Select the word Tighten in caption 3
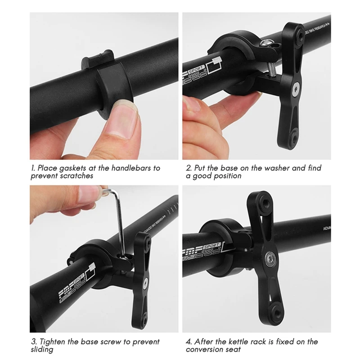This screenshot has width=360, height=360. (x=53, y=342)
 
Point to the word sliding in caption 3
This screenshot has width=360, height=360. (x=42, y=350)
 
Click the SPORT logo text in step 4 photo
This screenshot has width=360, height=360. (x=212, y=246)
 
